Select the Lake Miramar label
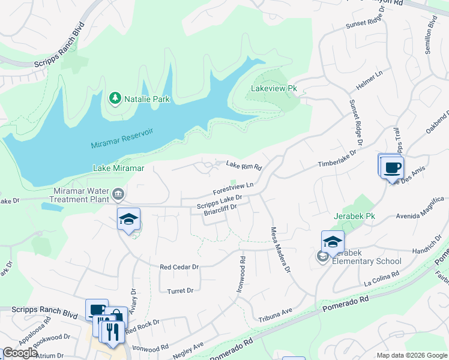point(118,169)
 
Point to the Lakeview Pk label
point(274,88)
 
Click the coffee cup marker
point(392,167)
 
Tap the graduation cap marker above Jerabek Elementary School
point(333,242)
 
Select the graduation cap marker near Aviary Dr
point(128,220)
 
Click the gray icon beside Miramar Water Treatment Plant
point(118,194)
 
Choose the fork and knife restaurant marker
point(112,332)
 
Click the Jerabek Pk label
point(354,215)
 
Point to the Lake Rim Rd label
point(244,166)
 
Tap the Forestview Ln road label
point(233,188)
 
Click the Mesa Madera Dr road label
point(280,249)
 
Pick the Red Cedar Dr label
point(179,266)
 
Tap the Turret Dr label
point(181,290)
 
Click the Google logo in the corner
point(20,353)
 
